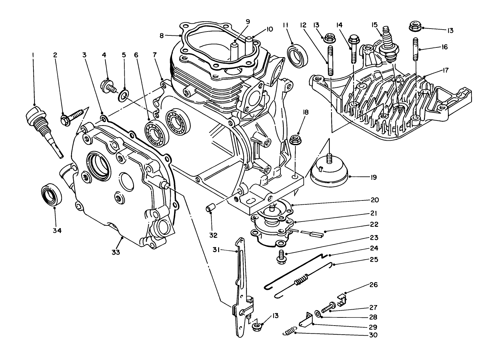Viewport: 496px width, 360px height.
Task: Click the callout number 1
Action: (32, 55)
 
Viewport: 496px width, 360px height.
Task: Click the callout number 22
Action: (373, 225)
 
